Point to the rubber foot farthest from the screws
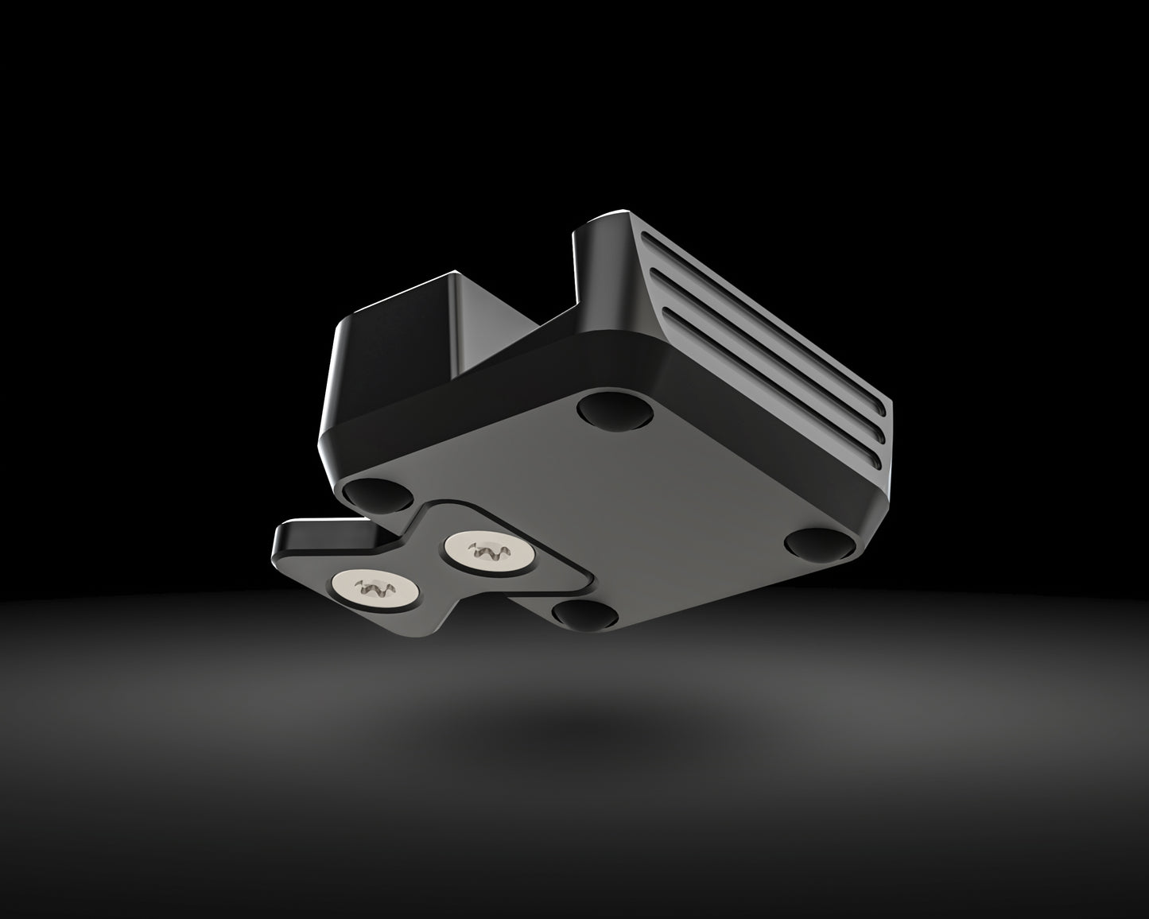click(615, 411)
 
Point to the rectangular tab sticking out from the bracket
click(306, 540)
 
